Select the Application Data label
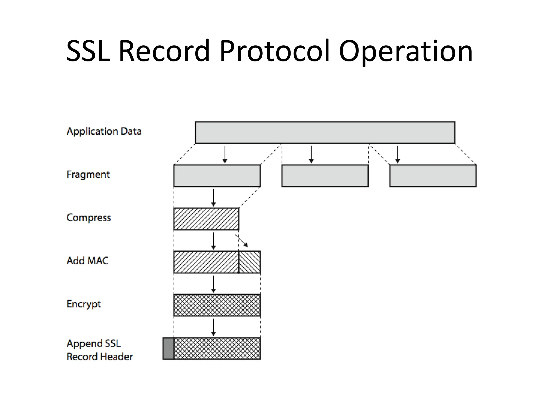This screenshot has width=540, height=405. (x=104, y=131)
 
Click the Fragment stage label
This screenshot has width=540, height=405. (x=88, y=175)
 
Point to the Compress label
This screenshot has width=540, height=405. (x=89, y=218)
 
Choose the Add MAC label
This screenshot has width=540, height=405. (x=88, y=261)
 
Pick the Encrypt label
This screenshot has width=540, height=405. (x=84, y=304)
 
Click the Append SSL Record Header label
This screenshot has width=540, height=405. (x=100, y=350)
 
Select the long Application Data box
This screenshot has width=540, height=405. (x=325, y=133)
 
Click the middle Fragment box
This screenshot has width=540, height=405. (x=325, y=176)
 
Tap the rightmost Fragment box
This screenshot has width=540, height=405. (x=433, y=176)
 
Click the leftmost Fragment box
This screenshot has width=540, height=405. (x=217, y=176)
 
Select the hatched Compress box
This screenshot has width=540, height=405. (x=206, y=219)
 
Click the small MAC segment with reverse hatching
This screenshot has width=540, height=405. (x=250, y=262)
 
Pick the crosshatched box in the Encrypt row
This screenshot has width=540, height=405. (x=217, y=305)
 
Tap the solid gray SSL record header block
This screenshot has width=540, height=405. (x=168, y=349)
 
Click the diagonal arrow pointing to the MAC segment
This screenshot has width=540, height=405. (x=242, y=241)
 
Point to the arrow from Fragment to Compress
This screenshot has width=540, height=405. (x=214, y=198)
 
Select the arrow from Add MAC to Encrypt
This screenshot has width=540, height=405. (x=214, y=284)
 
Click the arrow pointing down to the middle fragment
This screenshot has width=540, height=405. (x=311, y=155)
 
